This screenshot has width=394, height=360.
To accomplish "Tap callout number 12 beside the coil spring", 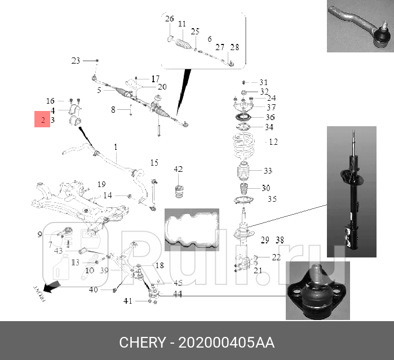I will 273,142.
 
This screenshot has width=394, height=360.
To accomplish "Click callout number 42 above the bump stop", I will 178,169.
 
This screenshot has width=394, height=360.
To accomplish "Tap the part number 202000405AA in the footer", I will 227,343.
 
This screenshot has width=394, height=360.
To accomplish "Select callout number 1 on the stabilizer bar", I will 116,148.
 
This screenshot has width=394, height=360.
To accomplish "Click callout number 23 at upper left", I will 76,60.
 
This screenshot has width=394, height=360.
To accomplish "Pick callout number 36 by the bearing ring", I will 271,117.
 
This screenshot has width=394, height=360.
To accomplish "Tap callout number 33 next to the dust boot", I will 267,171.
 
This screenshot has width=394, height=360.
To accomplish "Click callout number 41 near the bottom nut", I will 128,301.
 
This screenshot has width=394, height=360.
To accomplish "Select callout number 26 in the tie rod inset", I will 170,20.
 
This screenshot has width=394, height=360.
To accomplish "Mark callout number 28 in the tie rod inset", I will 234,47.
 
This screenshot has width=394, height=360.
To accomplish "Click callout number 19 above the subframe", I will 101,184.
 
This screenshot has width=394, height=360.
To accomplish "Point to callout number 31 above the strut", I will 264,82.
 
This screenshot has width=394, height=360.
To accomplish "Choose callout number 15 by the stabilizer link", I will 154,163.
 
